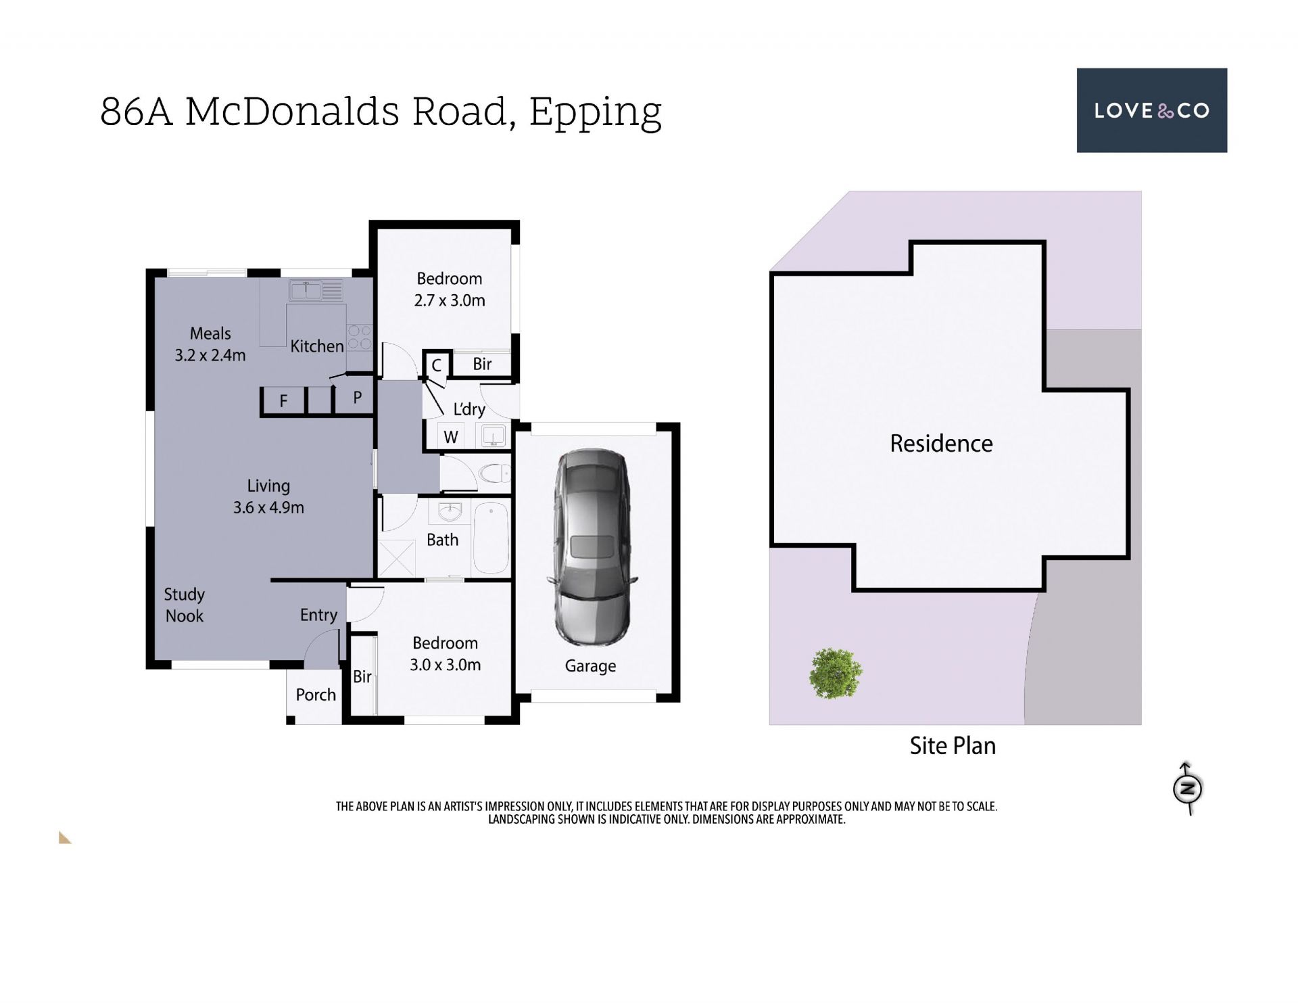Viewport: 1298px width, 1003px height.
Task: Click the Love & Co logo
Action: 1151,110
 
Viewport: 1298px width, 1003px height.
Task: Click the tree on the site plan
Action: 836,673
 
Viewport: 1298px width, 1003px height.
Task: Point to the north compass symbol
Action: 1187,788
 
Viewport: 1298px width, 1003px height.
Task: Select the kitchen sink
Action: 316,290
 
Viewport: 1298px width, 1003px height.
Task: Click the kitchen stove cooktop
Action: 359,337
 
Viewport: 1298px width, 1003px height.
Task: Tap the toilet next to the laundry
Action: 494,473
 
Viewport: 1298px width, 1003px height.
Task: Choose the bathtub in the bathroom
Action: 491,539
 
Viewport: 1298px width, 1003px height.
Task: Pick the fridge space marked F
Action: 284,400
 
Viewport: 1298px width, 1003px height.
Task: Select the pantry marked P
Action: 357,398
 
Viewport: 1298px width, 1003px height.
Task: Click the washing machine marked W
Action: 451,436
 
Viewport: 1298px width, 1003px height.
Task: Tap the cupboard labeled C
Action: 437,365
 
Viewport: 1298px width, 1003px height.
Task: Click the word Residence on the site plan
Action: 941,444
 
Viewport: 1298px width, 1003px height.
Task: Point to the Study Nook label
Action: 184,605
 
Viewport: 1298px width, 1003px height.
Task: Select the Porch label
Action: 316,695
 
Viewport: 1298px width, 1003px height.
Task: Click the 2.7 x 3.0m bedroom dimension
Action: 450,300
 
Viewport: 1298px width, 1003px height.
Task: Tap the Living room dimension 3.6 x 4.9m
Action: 268,507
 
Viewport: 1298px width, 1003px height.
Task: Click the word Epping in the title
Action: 595,112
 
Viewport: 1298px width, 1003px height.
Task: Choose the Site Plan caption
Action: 953,746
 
